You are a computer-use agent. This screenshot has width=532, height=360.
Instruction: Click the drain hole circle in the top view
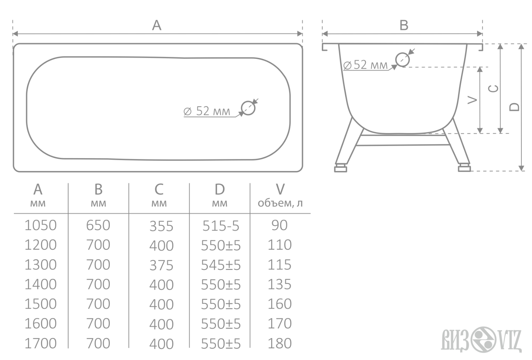pos(241,108)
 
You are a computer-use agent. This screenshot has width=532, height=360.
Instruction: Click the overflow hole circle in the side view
pos(396,59)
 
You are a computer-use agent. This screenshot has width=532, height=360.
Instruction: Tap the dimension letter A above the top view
pos(157,25)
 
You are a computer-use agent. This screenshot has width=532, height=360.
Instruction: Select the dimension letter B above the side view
pos(404,25)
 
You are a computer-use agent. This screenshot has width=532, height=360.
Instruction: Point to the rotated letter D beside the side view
pos(514,107)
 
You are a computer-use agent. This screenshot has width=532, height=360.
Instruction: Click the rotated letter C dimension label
pos(493,89)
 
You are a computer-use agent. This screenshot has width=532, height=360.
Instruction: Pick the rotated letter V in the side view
pos(472,100)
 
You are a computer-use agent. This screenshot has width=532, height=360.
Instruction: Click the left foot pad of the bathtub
pos(341,169)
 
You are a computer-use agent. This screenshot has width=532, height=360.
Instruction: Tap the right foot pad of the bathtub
pos(464,169)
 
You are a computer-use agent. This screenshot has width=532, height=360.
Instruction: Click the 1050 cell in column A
pos(41,225)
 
